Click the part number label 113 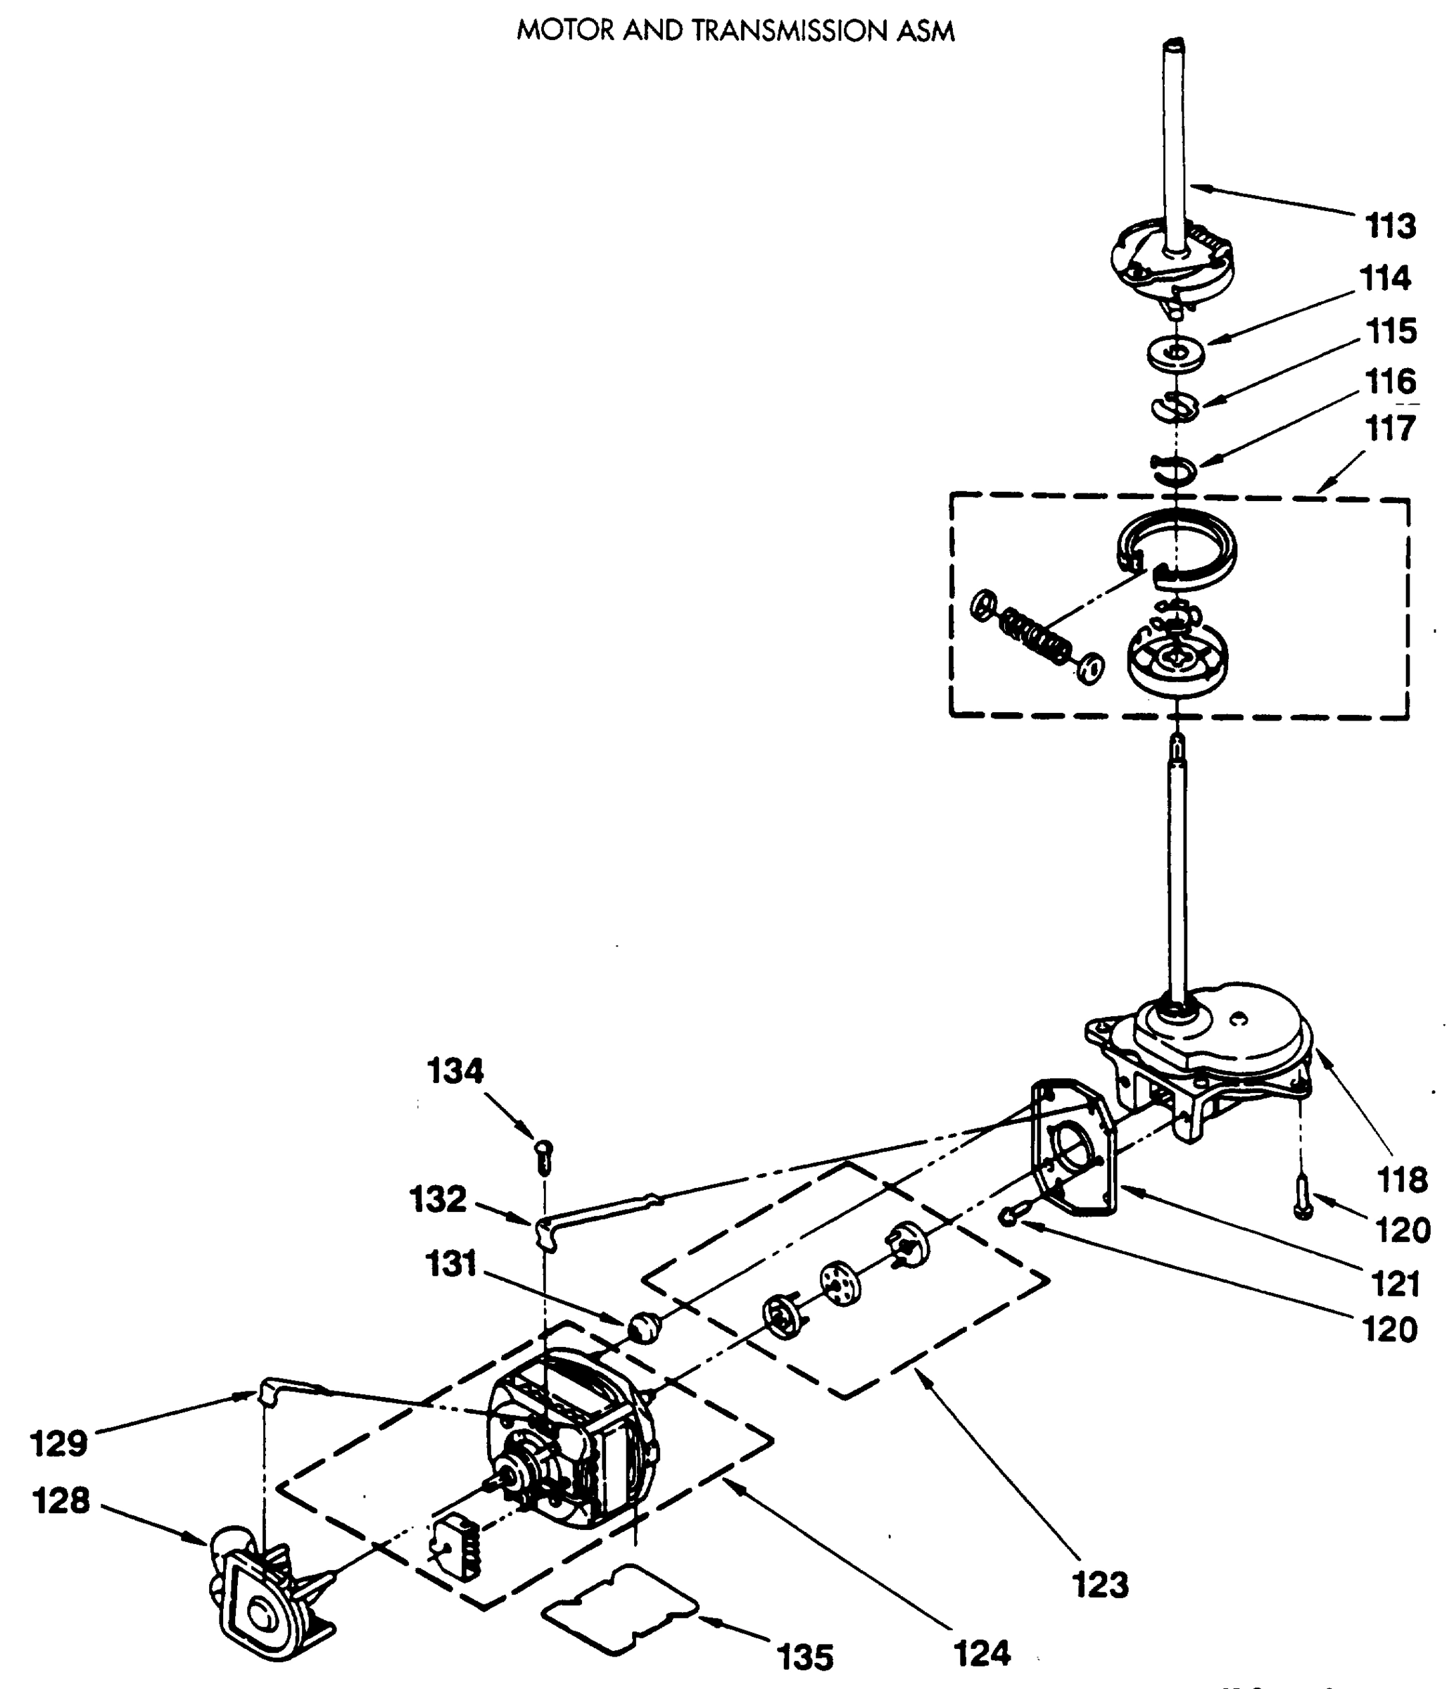click(x=1391, y=226)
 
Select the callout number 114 click(x=1385, y=278)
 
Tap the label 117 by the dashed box click(x=1390, y=429)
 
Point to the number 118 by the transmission click(x=1402, y=1179)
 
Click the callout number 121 click(x=1396, y=1284)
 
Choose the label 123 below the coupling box click(x=1100, y=1586)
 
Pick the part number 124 click(x=982, y=1654)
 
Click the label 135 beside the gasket click(x=805, y=1657)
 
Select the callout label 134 click(x=455, y=1071)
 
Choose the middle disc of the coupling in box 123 click(x=840, y=1283)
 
